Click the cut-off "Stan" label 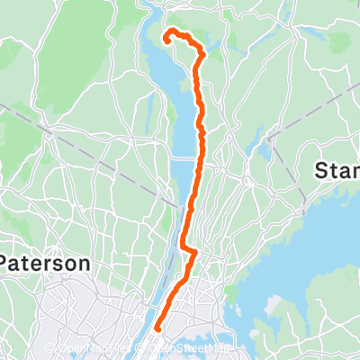click(x=337, y=170)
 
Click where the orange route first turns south click(x=199, y=54)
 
